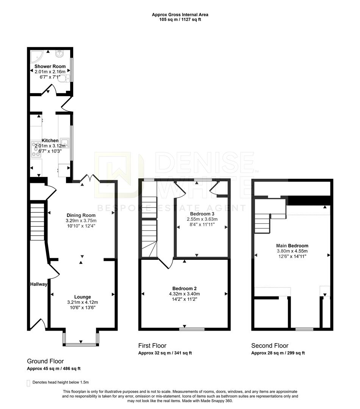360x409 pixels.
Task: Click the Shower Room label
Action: tap(50, 66)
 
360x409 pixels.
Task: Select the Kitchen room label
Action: tap(50, 140)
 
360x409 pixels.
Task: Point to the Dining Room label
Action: tap(81, 215)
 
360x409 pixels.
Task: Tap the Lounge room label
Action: tap(82, 297)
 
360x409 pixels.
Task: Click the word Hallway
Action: tap(39, 284)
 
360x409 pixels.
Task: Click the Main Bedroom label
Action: tap(292, 245)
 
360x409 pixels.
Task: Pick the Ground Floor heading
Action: tap(45, 361)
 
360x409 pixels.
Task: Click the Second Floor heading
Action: tap(270, 346)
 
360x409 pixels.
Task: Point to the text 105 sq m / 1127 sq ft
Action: tap(180, 20)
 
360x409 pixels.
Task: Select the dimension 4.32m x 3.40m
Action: tap(184, 293)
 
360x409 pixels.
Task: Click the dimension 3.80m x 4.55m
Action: tap(292, 251)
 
